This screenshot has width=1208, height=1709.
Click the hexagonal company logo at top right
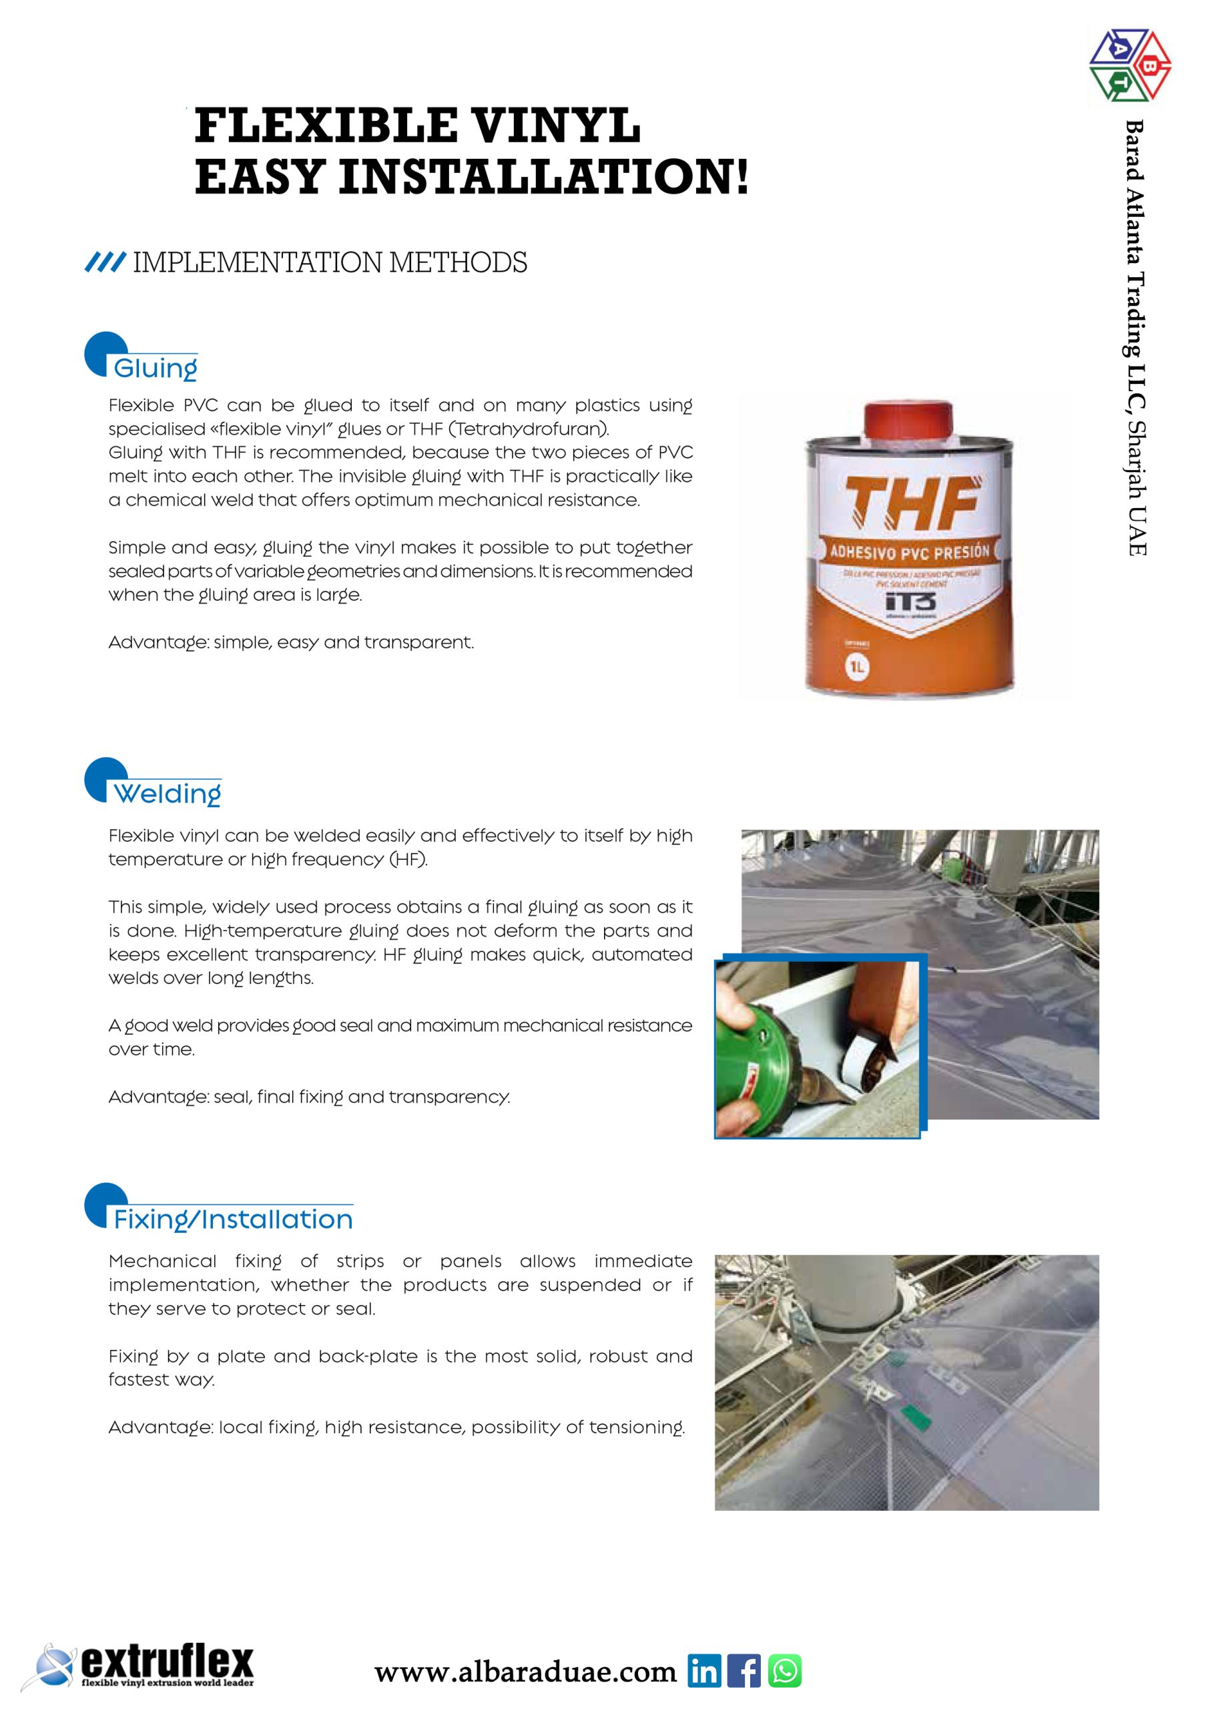(x=1130, y=65)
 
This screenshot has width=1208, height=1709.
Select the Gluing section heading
(x=155, y=369)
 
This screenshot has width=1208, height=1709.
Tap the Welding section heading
(x=167, y=794)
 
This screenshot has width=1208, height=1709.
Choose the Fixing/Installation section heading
(x=232, y=1219)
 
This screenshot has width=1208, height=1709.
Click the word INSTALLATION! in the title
(x=543, y=177)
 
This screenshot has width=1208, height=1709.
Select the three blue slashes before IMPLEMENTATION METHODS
(x=105, y=263)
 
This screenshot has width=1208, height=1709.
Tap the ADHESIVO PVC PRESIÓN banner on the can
(x=910, y=552)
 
